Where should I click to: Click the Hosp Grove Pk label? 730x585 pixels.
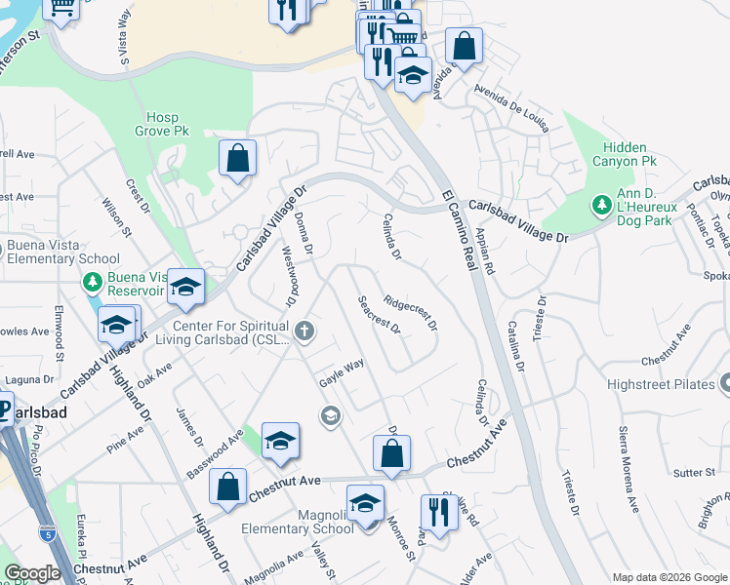pos(162,125)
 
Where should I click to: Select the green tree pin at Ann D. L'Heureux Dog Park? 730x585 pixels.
pos(601,205)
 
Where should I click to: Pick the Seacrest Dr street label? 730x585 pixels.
pos(379,314)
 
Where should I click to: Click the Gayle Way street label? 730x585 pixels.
pos(343,372)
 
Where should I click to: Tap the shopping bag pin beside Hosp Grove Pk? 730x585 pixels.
pos(237,157)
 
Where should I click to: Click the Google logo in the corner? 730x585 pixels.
pos(32,573)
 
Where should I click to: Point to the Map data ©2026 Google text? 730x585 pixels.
pos(669,577)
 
